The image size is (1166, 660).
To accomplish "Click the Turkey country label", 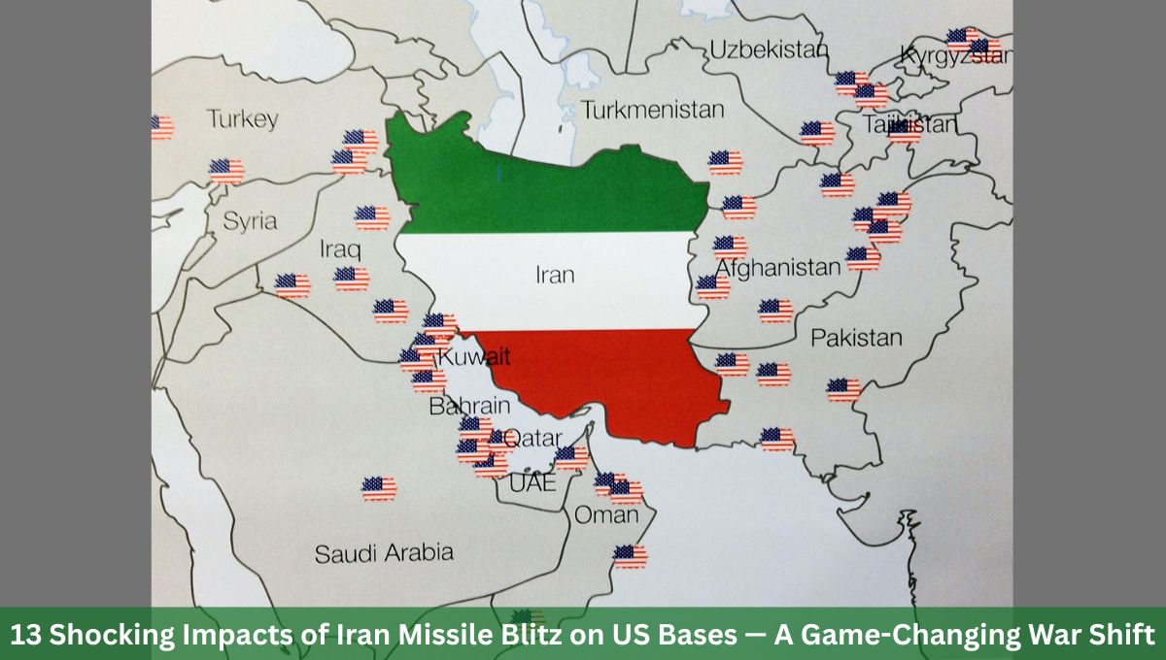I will (x=242, y=119).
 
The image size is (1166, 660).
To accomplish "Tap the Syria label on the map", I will (x=250, y=220).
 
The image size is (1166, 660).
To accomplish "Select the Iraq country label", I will (x=340, y=249).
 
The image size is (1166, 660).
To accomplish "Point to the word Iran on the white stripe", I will (x=555, y=275).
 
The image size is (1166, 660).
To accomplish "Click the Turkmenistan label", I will (x=653, y=110).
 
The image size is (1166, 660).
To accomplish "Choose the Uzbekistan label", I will (x=768, y=49).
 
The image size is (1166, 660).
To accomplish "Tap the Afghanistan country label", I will (x=777, y=267).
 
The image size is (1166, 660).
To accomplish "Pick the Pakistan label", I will (x=856, y=338).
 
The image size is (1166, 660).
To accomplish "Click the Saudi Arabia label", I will (x=384, y=553).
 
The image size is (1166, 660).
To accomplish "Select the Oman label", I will (x=606, y=514).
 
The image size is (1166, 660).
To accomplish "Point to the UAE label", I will (x=532, y=481).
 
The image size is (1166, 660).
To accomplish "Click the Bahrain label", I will (x=469, y=405).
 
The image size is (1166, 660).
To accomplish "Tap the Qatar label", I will (x=533, y=438).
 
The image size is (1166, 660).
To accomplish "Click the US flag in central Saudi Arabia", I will (x=379, y=488).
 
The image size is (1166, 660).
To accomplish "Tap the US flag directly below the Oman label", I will (x=630, y=556).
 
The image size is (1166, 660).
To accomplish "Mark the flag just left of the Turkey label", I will (x=161, y=126).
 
